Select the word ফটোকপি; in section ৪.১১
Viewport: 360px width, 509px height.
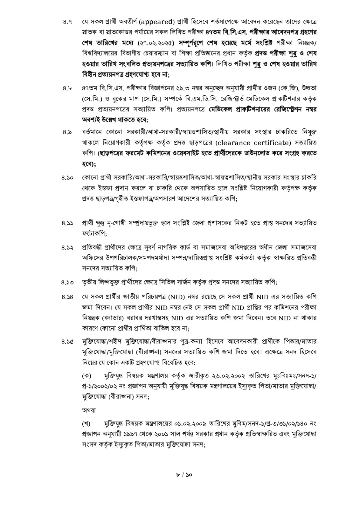(x=94, y=234)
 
